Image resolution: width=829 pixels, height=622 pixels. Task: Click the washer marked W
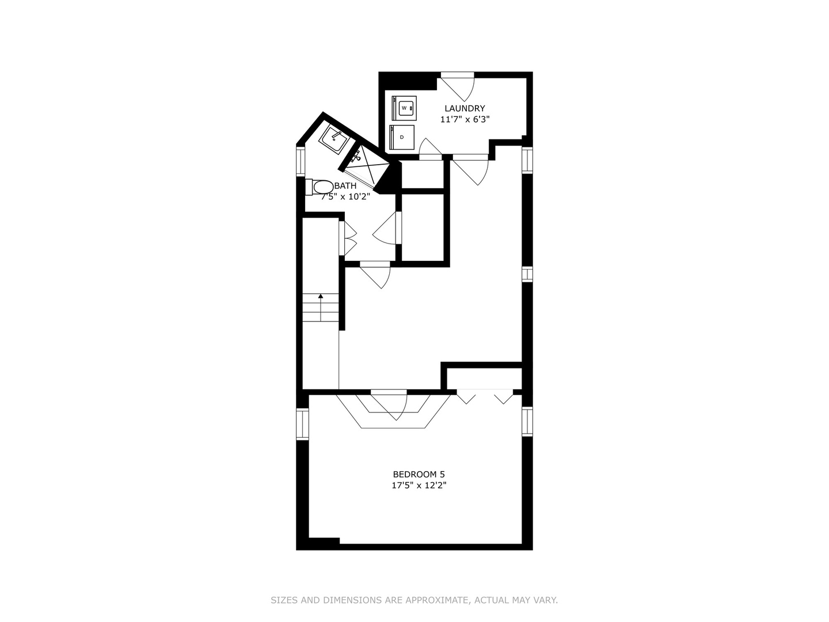[x=405, y=108]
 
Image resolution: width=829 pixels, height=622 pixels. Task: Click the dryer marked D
[x=402, y=137]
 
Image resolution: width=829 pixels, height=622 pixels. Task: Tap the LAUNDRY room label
[x=465, y=108]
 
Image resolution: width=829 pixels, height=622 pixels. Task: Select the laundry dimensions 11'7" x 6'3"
[x=465, y=119]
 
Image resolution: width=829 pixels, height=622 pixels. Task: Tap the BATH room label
[x=345, y=185]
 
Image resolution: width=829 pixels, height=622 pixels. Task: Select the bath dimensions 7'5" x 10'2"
[x=345, y=196]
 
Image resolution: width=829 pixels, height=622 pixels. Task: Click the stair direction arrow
[x=321, y=297]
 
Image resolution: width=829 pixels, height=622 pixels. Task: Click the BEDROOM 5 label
[x=419, y=474]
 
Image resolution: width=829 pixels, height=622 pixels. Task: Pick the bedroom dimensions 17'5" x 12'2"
[x=419, y=485]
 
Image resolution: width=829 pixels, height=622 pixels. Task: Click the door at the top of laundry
[x=458, y=84]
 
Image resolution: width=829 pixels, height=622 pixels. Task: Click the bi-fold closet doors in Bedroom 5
[x=485, y=396]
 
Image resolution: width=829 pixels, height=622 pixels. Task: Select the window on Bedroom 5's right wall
[x=527, y=421]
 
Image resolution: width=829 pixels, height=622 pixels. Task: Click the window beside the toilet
[x=300, y=161]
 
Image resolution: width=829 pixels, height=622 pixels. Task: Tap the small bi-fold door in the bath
[x=348, y=238]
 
